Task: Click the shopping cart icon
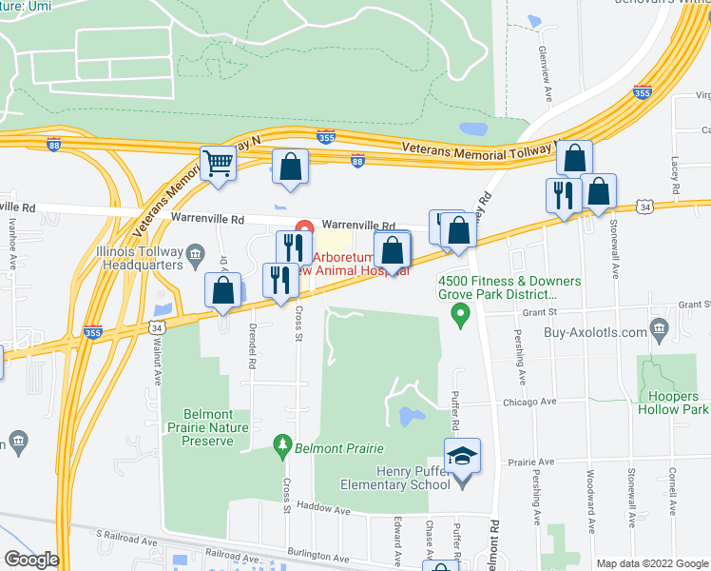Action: pyautogui.click(x=218, y=164)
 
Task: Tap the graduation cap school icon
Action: pyautogui.click(x=463, y=456)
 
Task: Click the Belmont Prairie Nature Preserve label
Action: pyautogui.click(x=204, y=427)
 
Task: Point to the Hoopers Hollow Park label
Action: pyautogui.click(x=674, y=403)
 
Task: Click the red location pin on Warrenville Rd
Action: pyautogui.click(x=304, y=228)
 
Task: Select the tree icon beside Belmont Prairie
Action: pyautogui.click(x=281, y=444)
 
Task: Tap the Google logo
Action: pyautogui.click(x=32, y=560)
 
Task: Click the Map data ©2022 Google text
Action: pyautogui.click(x=652, y=563)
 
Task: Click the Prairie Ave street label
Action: pyautogui.click(x=531, y=461)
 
